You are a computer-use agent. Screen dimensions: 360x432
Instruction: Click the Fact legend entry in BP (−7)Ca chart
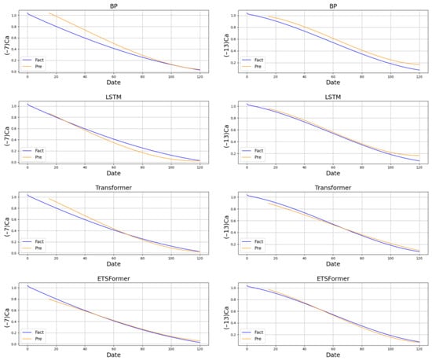pyautogui.click(x=37, y=60)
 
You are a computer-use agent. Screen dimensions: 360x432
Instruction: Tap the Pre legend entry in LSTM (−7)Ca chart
pyautogui.click(x=37, y=157)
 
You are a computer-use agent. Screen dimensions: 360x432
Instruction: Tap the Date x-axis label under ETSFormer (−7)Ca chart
pyautogui.click(x=114, y=355)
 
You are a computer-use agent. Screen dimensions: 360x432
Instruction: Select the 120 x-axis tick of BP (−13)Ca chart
pyautogui.click(x=419, y=77)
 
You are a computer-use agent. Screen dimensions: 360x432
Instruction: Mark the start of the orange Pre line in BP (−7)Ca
pyautogui.click(x=49, y=13)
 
